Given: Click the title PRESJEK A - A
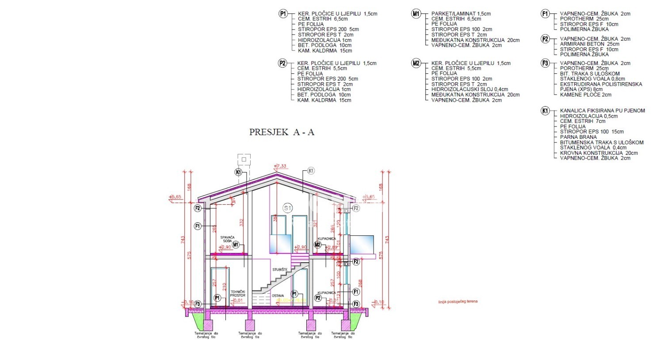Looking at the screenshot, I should pos(282,132).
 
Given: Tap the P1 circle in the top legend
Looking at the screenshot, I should pos(283,14).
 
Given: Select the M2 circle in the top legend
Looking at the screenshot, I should pos(416,63).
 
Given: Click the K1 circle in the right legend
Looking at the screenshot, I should pos(545,111).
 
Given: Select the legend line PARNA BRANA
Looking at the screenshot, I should pos(578,137).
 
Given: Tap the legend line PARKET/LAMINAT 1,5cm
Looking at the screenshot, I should pos(461,14).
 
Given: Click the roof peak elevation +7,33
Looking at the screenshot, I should pos(281,166).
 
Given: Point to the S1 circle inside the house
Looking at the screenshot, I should pos(288,208).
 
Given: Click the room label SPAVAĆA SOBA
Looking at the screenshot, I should pos(227,239).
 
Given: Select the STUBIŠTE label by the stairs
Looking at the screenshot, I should pos(280,269).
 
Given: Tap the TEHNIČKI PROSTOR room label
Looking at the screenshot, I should pos(238,293).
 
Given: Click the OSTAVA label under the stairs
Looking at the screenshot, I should pos(278,295).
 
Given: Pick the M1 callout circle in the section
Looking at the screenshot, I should pos(236,245).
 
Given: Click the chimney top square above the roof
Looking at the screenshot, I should pos(244,159).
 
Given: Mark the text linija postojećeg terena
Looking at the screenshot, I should pos(457,302).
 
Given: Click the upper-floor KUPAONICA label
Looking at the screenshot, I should pos(327,239).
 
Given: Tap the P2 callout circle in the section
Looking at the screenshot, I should pos(318,298).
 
